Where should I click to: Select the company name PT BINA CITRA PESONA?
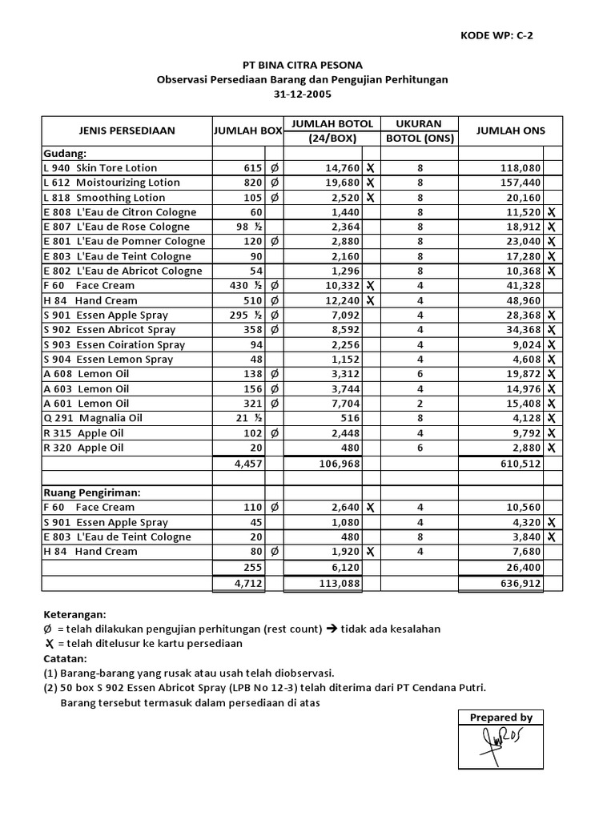coord(302,65)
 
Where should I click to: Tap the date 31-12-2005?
coord(302,94)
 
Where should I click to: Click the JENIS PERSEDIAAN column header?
coord(127,131)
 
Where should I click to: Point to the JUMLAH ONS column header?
coord(509,131)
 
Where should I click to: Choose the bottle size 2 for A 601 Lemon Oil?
coord(420,404)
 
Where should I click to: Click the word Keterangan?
coord(74,614)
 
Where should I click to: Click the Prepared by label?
coord(500,717)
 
